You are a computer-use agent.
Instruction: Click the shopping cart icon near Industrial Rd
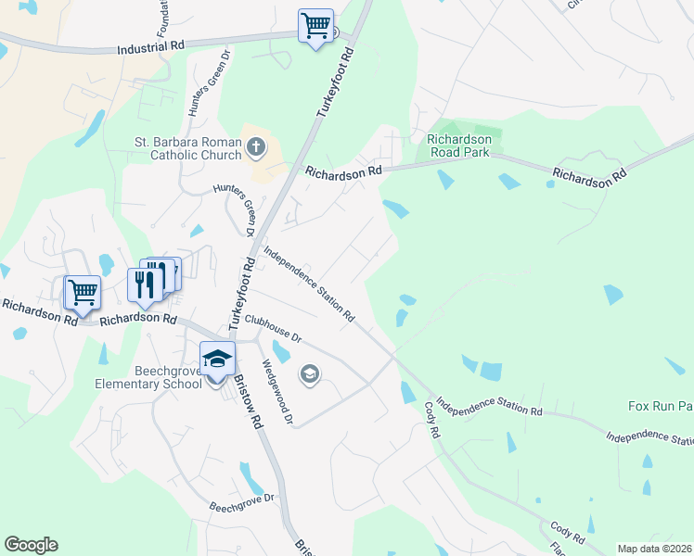tap(315, 25)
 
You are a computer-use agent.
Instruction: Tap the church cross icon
tap(257, 146)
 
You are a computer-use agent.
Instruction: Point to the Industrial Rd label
tap(151, 48)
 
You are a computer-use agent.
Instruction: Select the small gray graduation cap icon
tap(309, 374)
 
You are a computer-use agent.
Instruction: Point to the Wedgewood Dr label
tap(277, 393)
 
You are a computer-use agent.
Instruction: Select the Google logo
tap(31, 545)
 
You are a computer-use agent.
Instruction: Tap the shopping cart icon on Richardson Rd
tap(82, 292)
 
